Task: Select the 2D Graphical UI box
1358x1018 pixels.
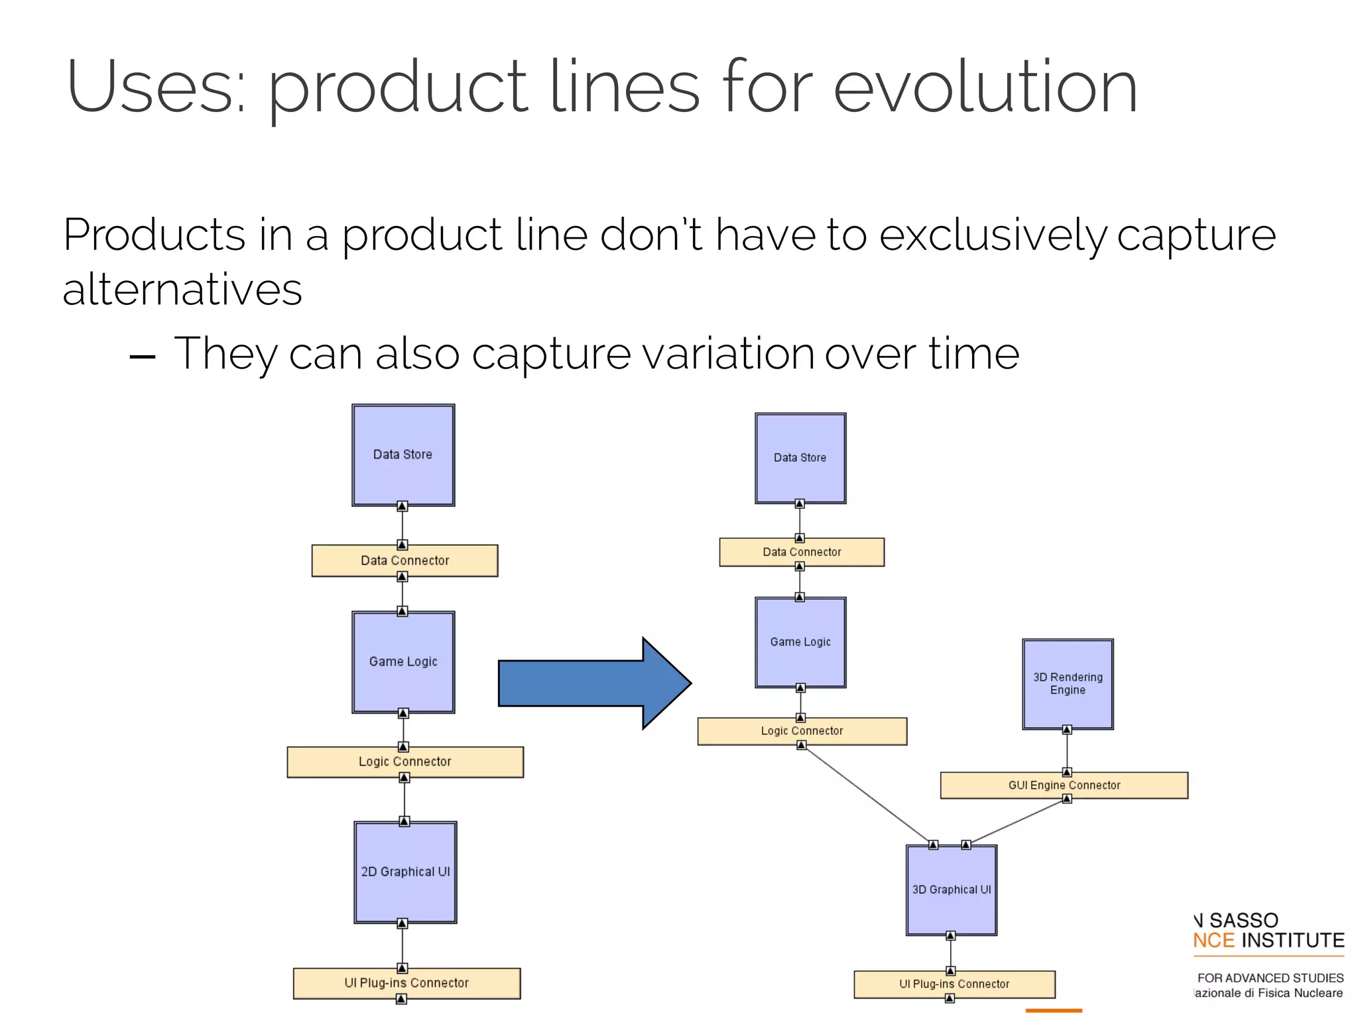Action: pyautogui.click(x=405, y=872)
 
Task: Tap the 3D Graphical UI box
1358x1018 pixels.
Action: pyautogui.click(x=951, y=890)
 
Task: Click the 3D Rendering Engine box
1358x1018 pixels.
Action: pyautogui.click(x=1067, y=684)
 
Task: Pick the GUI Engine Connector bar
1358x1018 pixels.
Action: pyautogui.click(x=1064, y=785)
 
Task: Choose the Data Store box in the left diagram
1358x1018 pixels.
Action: pyautogui.click(x=403, y=455)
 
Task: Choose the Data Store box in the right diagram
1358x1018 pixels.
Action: pyautogui.click(x=800, y=458)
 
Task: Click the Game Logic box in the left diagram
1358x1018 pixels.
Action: pyautogui.click(x=403, y=662)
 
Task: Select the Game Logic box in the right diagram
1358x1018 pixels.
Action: pyautogui.click(x=800, y=642)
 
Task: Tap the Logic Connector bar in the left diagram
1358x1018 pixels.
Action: pyautogui.click(x=404, y=762)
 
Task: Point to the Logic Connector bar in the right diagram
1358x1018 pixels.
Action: pyautogui.click(x=802, y=731)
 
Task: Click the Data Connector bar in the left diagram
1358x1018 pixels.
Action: pyautogui.click(x=404, y=561)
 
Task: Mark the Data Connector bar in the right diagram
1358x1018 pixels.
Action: pyautogui.click(x=802, y=552)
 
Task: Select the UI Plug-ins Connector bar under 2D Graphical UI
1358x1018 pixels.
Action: pyautogui.click(x=406, y=983)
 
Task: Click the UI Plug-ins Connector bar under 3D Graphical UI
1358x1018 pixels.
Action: pyautogui.click(x=954, y=984)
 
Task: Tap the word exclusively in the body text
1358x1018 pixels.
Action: pyautogui.click(x=992, y=235)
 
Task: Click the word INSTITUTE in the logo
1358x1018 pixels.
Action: pyautogui.click(x=1292, y=940)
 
